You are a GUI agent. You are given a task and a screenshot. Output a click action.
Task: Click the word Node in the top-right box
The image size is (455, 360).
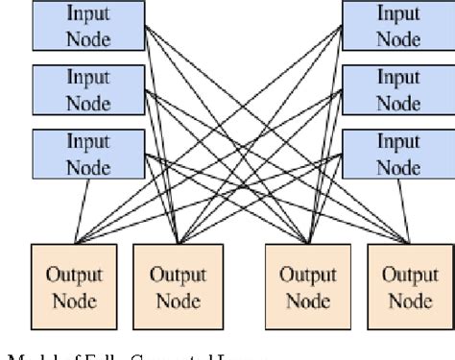pyautogui.click(x=397, y=39)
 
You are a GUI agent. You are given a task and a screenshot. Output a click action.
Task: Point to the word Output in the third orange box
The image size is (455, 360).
pyautogui.click(x=308, y=274)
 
